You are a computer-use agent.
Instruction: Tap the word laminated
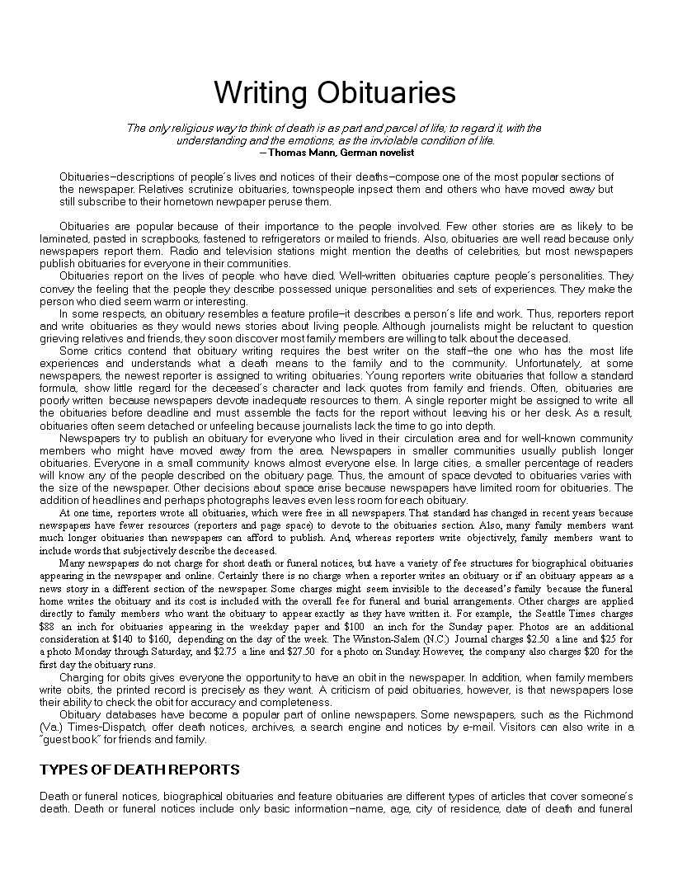coord(65,238)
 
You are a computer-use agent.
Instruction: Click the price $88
coord(48,627)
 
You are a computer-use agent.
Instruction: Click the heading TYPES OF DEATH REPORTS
coord(140,770)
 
